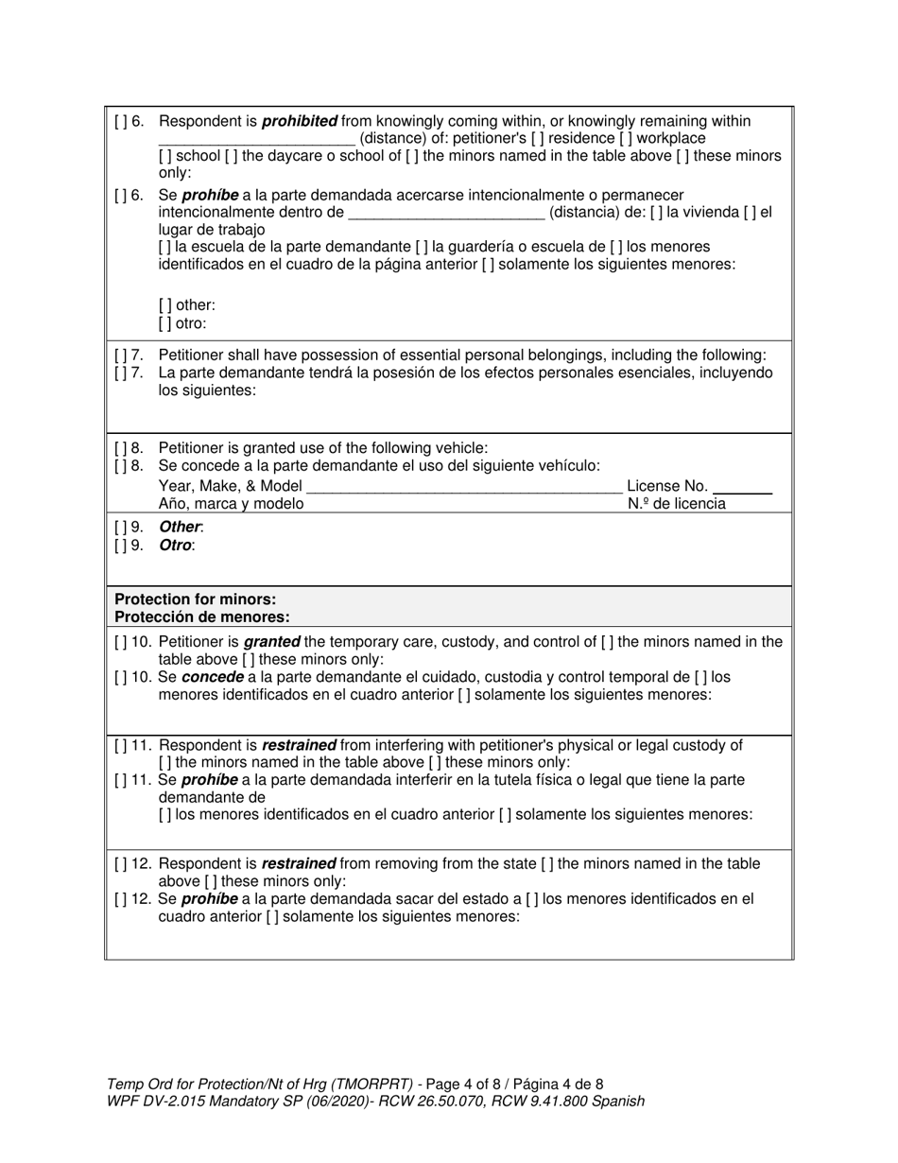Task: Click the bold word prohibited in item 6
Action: tap(300, 121)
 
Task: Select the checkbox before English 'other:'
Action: tap(165, 305)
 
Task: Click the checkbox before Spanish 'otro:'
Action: tap(165, 322)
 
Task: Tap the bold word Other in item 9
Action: tap(180, 527)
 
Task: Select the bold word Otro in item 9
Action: tap(176, 545)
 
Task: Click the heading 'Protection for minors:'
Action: tap(196, 599)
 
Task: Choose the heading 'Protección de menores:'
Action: tap(202, 616)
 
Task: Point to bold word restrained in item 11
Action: tap(299, 745)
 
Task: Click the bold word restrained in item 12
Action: tap(299, 863)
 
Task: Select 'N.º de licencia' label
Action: tap(677, 503)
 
